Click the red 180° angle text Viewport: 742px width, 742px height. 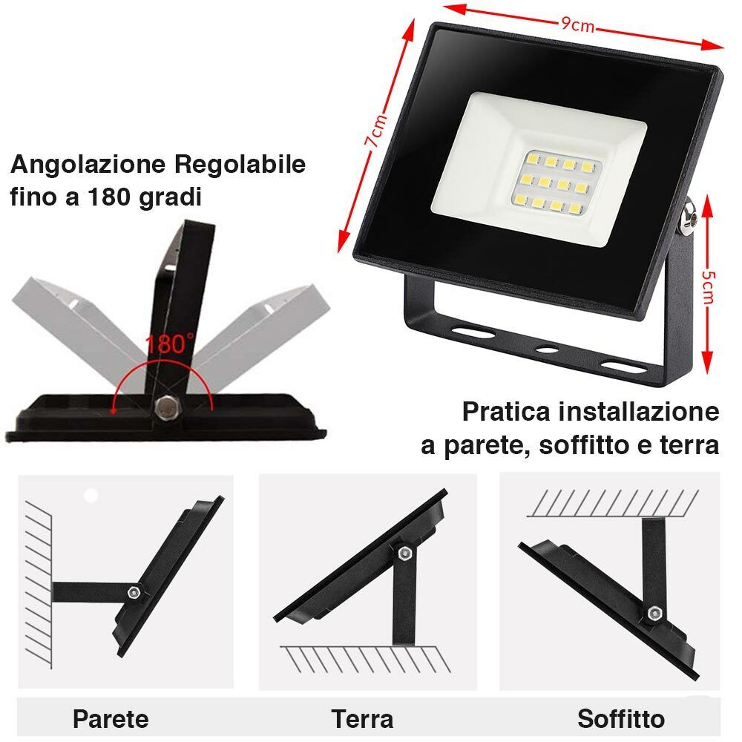pos(169,344)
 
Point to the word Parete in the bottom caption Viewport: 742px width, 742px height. pos(111,718)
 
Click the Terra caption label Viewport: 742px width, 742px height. pos(362,718)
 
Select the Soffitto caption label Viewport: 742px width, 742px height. pos(621,718)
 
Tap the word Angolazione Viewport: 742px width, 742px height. pos(88,165)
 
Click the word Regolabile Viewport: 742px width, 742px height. pos(239,164)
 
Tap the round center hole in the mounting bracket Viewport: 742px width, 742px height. pos(547,347)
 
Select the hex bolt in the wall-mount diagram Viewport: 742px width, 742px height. pos(134,592)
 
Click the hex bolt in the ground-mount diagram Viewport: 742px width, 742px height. pos(403,554)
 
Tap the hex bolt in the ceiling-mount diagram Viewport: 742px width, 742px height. pos(654,614)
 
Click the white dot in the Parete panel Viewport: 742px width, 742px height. pos(91,495)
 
